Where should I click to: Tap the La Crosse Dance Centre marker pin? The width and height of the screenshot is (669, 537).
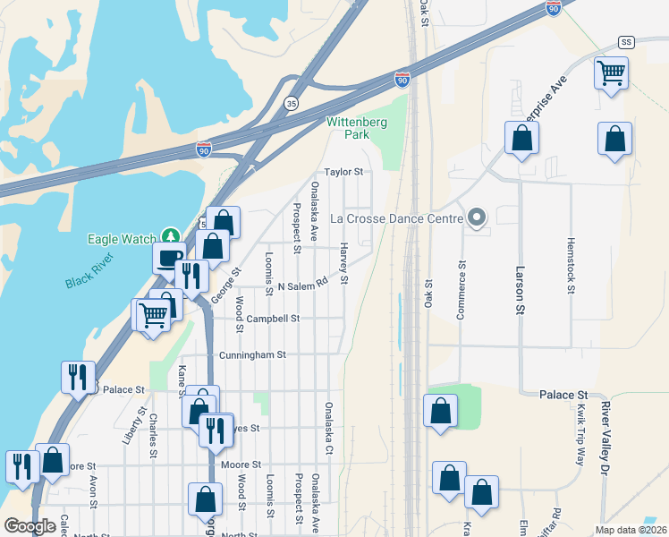[x=477, y=217]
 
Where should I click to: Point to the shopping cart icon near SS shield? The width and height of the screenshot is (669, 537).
[x=612, y=73]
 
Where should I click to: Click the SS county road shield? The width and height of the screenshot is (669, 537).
[x=625, y=42]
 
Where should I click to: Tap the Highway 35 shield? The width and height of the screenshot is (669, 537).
[x=292, y=104]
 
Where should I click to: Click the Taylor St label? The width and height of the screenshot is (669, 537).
[x=343, y=172]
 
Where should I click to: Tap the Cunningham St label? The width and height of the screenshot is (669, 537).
[x=252, y=354]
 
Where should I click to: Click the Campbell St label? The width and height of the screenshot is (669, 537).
[x=273, y=318]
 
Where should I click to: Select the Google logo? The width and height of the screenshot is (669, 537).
[x=30, y=526]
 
